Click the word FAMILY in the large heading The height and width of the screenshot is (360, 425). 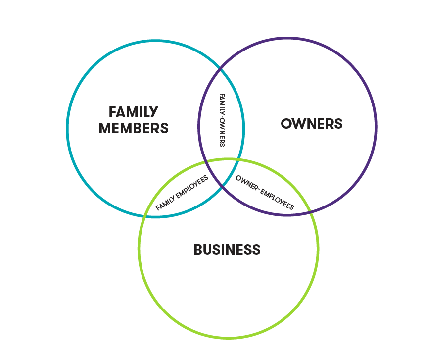(134, 112)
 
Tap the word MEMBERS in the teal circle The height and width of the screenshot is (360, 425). (134, 128)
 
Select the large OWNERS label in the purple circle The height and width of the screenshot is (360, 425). (312, 124)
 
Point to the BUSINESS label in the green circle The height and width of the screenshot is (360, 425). (227, 249)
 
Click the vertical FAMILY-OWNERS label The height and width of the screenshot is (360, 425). (222, 120)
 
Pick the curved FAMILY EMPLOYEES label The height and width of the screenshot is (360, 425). (182, 193)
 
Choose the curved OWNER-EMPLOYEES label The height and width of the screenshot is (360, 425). (265, 192)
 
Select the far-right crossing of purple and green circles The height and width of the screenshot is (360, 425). (310, 210)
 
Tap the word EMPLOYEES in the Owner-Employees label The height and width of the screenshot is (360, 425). (277, 198)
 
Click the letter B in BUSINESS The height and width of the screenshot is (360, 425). (198, 249)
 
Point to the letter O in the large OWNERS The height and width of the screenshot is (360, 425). (286, 124)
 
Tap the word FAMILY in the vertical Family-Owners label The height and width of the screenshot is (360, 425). (222, 104)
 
